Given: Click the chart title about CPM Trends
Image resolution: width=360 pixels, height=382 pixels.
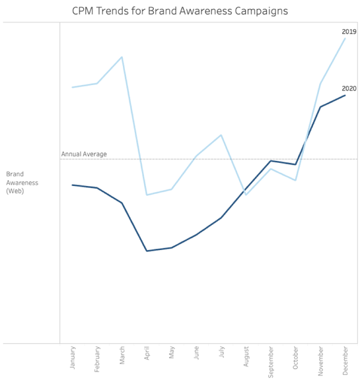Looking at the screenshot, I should click(x=180, y=11).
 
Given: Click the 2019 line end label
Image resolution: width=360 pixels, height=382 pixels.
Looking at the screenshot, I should click(x=349, y=32).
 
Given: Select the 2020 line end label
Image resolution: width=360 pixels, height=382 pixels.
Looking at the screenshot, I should click(x=349, y=88).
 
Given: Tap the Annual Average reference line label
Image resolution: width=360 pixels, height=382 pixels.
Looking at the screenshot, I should click(x=84, y=154).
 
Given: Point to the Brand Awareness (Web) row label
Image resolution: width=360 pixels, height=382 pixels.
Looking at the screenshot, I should click(x=22, y=183).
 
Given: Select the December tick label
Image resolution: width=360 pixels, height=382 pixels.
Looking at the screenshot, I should click(x=345, y=362).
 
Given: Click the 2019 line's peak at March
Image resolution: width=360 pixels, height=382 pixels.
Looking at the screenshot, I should click(x=122, y=57).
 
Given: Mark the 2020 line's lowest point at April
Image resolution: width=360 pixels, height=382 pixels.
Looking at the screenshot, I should click(x=147, y=251).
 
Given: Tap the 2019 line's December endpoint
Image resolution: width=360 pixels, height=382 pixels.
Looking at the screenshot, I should click(x=345, y=38).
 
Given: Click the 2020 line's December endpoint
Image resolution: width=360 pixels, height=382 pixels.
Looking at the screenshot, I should click(x=345, y=95).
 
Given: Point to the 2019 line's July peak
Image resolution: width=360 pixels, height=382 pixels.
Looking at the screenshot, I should click(x=221, y=135).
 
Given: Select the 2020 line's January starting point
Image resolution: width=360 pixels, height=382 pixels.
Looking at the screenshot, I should click(x=73, y=185).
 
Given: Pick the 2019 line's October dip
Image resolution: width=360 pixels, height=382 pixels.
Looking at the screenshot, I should click(x=295, y=180).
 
